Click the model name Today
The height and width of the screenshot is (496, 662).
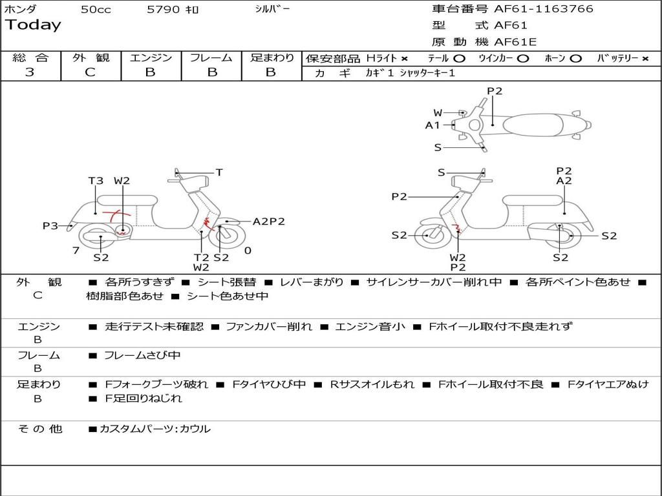click(x=33, y=25)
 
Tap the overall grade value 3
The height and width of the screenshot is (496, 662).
click(x=30, y=72)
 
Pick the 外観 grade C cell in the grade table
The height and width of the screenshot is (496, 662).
click(x=90, y=72)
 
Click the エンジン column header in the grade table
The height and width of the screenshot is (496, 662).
click(x=151, y=58)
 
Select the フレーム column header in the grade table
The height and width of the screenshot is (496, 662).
click(x=211, y=58)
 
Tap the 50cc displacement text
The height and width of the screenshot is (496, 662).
click(x=96, y=10)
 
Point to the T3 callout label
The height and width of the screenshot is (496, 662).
click(x=96, y=181)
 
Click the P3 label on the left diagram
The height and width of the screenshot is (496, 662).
click(x=50, y=225)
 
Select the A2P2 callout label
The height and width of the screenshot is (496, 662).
click(x=269, y=222)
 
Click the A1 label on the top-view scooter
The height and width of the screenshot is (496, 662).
click(x=432, y=125)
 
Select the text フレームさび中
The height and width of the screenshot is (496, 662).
click(x=142, y=355)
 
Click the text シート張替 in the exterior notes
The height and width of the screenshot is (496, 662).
click(x=226, y=282)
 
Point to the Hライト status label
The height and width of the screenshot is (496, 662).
click(x=382, y=58)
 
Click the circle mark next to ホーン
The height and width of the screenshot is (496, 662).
click(x=576, y=58)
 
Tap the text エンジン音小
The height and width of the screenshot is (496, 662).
click(x=370, y=327)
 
